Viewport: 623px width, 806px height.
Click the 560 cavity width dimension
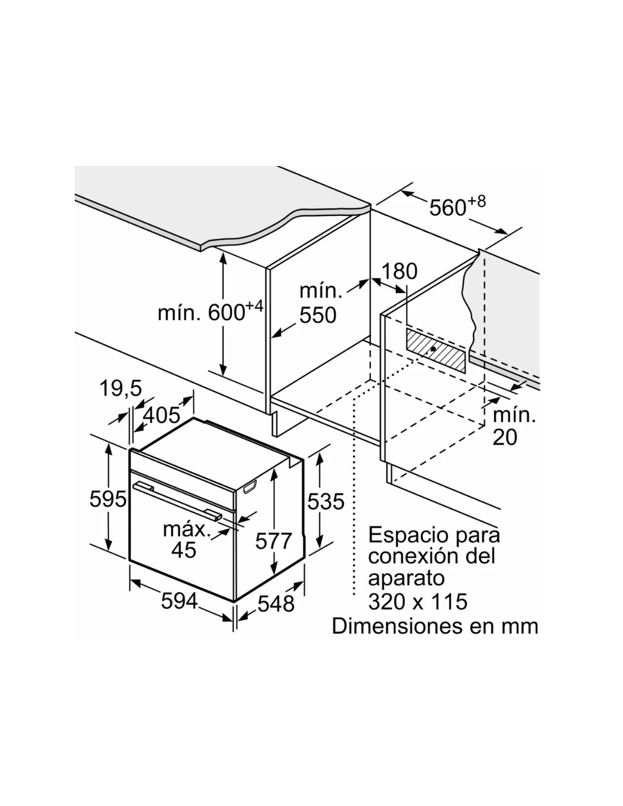(447, 207)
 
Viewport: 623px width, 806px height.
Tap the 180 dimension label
(399, 272)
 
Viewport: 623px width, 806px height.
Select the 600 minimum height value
(227, 313)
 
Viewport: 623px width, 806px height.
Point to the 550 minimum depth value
(318, 315)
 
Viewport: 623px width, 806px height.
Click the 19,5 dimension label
(121, 388)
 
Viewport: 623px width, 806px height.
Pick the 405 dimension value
(161, 415)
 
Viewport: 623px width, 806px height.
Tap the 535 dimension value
(326, 502)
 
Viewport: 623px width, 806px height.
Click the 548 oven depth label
(276, 604)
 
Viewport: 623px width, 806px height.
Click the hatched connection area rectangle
(436, 350)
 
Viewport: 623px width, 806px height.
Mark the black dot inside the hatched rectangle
(433, 349)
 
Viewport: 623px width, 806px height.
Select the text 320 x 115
(417, 601)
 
